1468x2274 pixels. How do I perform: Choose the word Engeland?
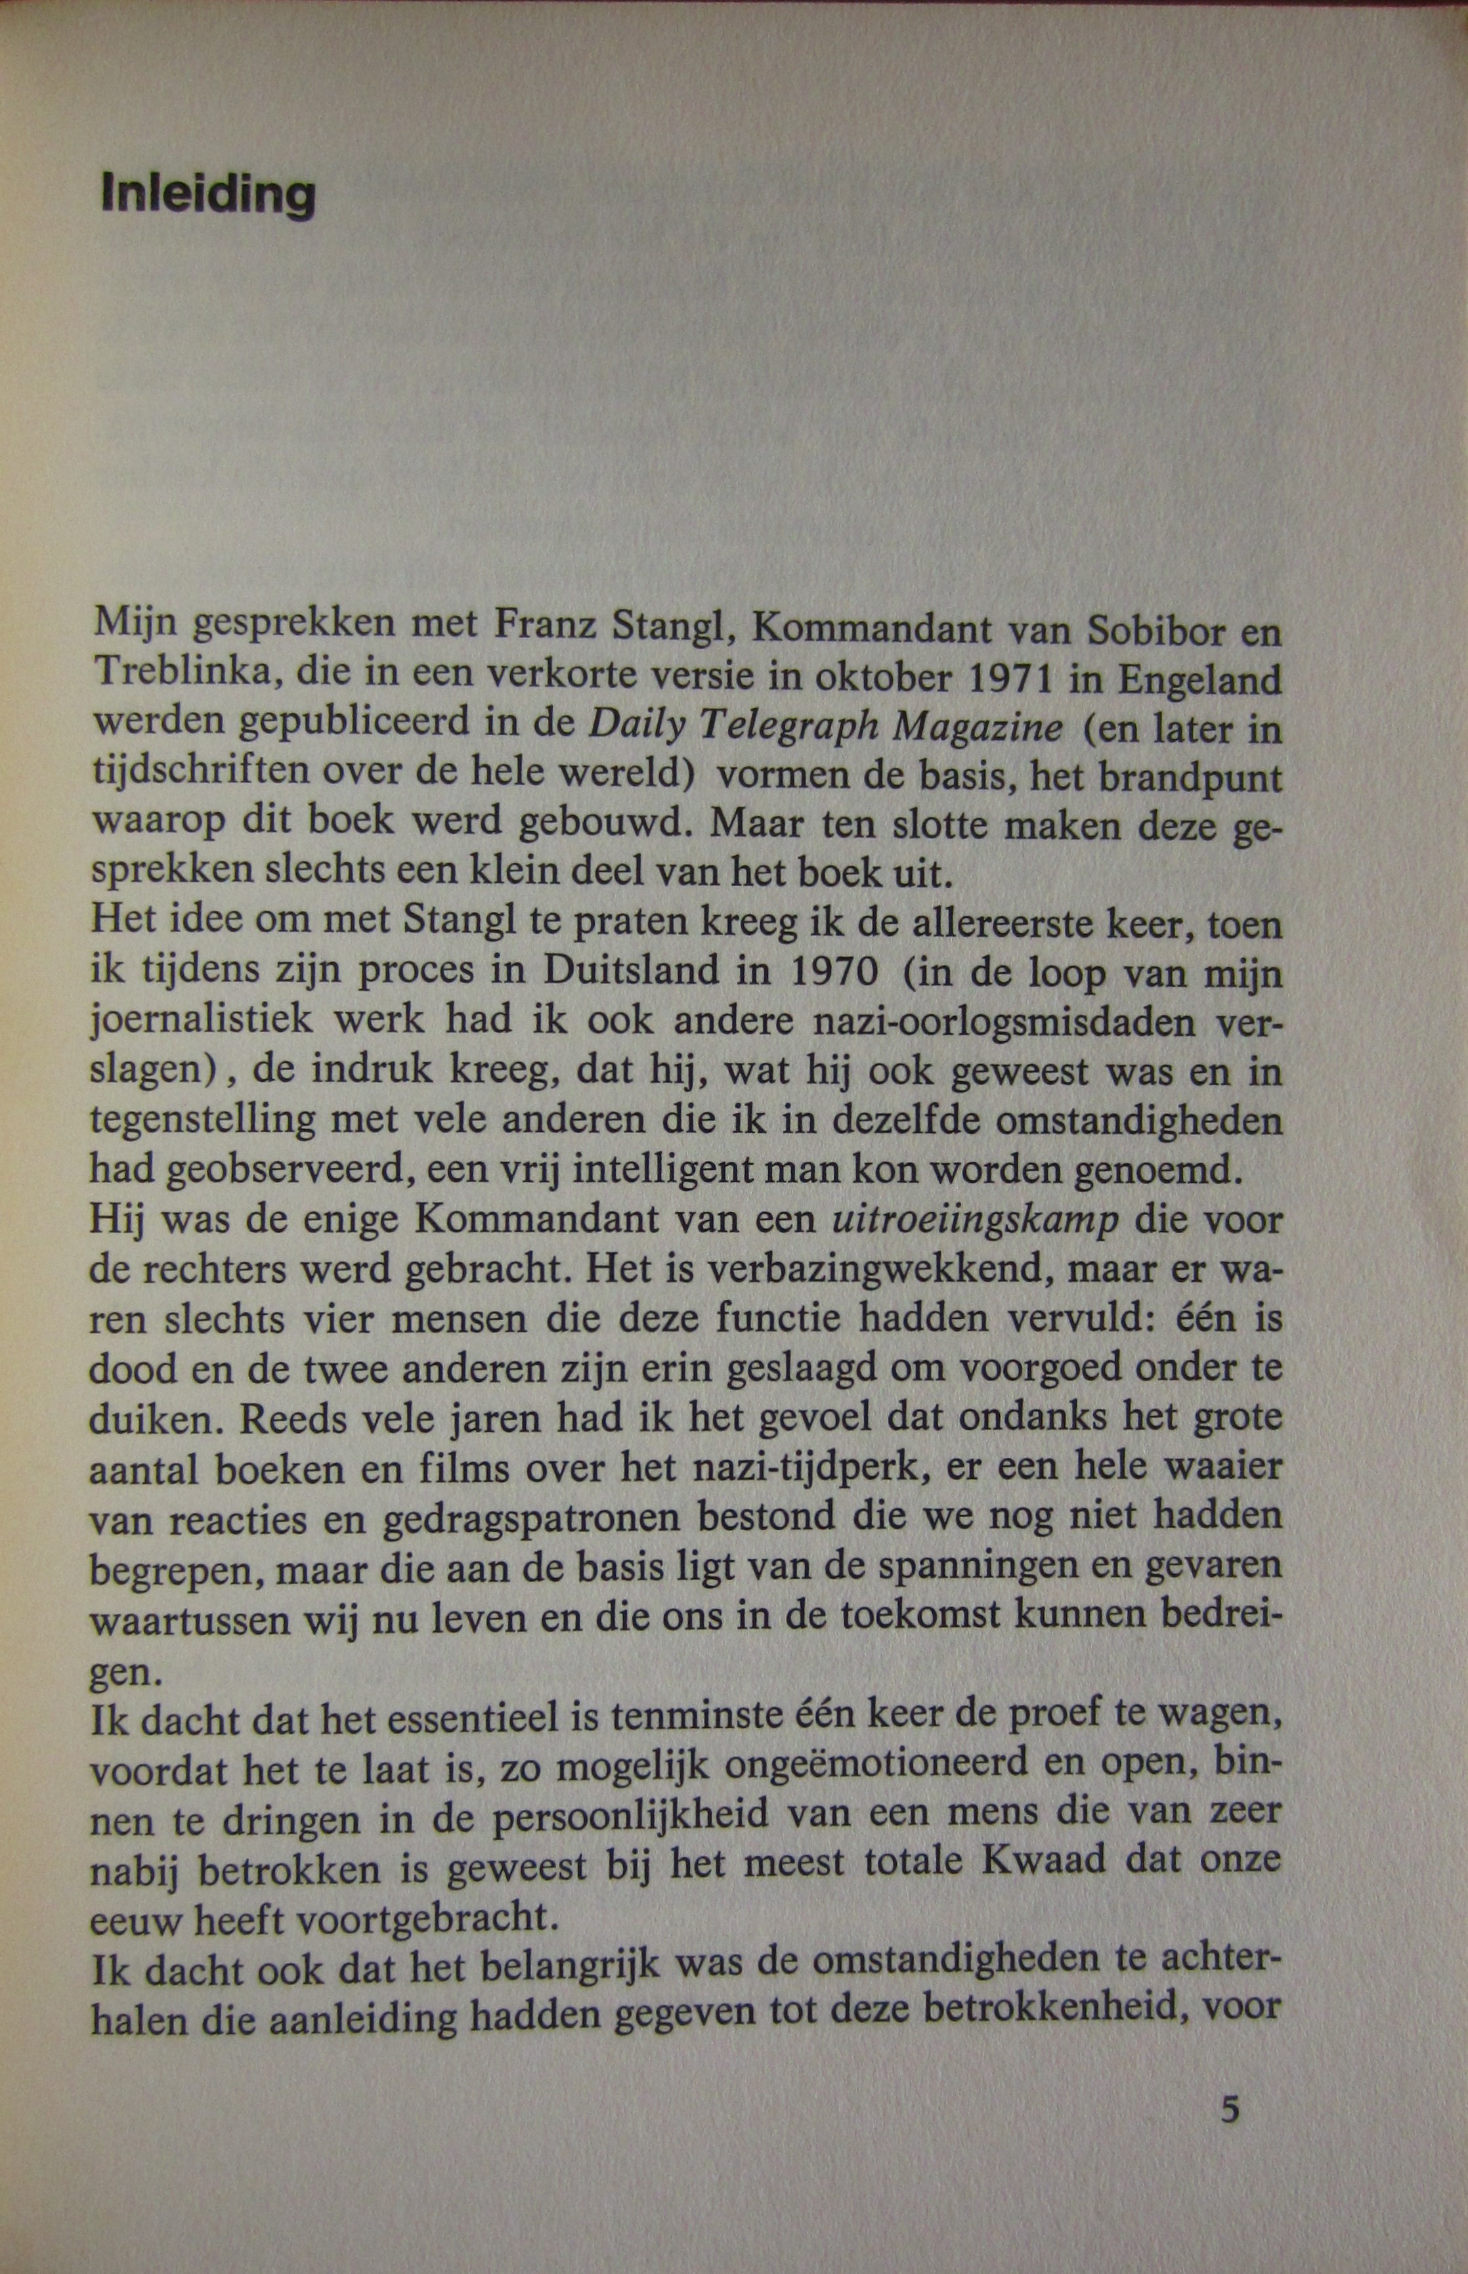(x=1201, y=679)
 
